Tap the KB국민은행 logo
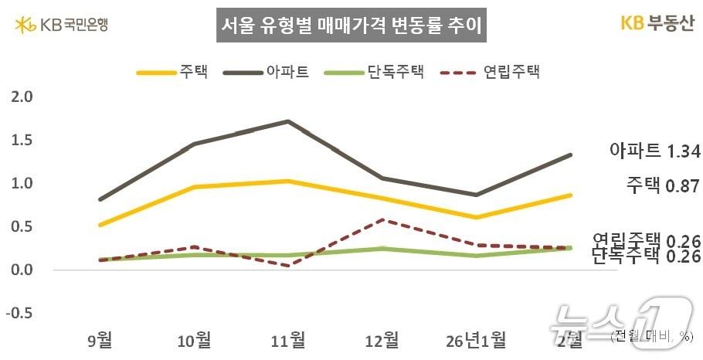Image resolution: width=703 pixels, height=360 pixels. point(61,25)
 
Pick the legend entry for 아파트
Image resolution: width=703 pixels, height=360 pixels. point(267,73)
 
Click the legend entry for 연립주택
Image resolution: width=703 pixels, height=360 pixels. point(490,73)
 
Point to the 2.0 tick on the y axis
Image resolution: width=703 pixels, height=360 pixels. point(23,97)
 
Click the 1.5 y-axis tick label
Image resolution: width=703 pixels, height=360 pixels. point(23,141)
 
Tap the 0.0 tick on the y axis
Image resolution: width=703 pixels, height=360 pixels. point(23,270)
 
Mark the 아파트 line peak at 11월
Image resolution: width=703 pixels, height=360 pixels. point(288,121)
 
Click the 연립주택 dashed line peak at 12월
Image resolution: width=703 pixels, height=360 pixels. point(382,219)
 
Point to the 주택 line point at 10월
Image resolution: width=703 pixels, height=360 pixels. point(194,187)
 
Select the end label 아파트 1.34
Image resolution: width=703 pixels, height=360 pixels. point(654,151)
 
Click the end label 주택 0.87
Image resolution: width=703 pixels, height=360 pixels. point(662,185)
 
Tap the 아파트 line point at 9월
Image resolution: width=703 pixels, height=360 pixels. point(100,199)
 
